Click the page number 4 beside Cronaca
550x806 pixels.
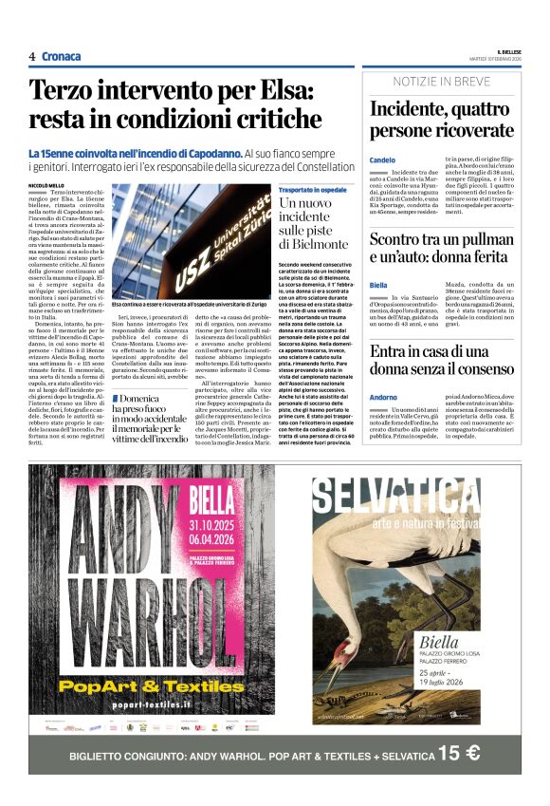pos(32,56)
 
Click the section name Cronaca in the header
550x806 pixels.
pos(62,56)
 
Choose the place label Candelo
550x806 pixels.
pos(382,159)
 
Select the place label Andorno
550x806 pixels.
pos(384,396)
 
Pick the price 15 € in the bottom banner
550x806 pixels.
pos(460,755)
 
